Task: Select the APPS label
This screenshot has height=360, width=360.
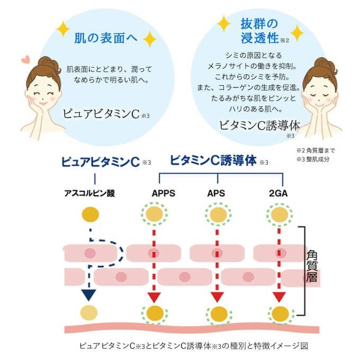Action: point(154,193)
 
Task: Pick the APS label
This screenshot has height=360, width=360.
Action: point(215,193)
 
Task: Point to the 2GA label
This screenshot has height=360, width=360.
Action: point(278,193)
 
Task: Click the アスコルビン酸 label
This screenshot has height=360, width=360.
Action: point(89,193)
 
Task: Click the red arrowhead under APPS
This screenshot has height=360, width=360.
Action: point(154,296)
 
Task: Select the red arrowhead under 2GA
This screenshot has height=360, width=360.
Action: point(279,296)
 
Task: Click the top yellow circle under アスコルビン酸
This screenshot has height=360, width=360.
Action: point(90,215)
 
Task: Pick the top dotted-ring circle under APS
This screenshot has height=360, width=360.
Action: point(216,215)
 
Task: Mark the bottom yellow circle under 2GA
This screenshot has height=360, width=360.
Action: point(279,314)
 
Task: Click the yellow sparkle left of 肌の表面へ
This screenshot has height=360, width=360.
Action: point(64,29)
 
